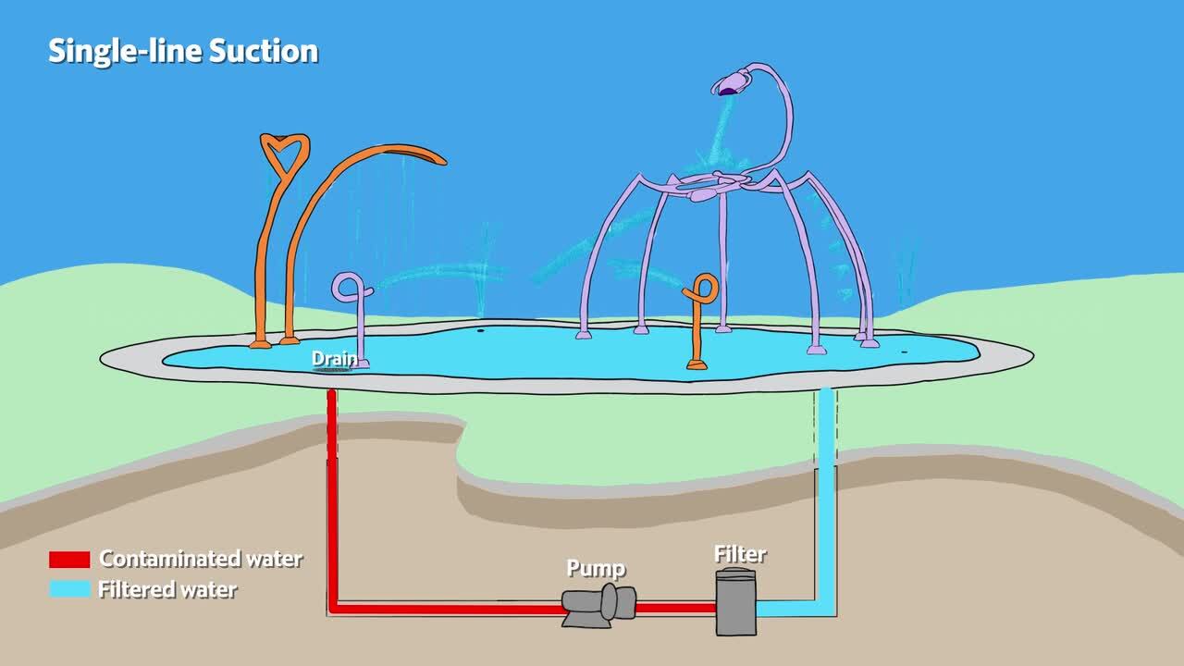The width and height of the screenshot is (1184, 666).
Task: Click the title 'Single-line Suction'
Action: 183,51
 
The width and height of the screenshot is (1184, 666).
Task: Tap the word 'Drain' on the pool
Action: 333,358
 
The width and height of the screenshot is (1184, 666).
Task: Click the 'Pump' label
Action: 596,567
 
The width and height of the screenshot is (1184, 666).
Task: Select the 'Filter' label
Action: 740,554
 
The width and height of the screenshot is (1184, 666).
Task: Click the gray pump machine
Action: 599,606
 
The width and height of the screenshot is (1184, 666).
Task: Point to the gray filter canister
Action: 736,602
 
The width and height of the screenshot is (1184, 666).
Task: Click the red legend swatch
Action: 69,560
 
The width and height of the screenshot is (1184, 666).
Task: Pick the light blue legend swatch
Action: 69,589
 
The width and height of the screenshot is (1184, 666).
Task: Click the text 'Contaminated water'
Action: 201,559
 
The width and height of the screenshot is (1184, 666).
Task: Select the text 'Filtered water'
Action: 167,589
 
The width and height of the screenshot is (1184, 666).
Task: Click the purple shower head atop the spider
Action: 730,85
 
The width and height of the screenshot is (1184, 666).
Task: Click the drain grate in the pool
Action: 333,370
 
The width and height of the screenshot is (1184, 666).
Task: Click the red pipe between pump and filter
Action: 675,608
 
